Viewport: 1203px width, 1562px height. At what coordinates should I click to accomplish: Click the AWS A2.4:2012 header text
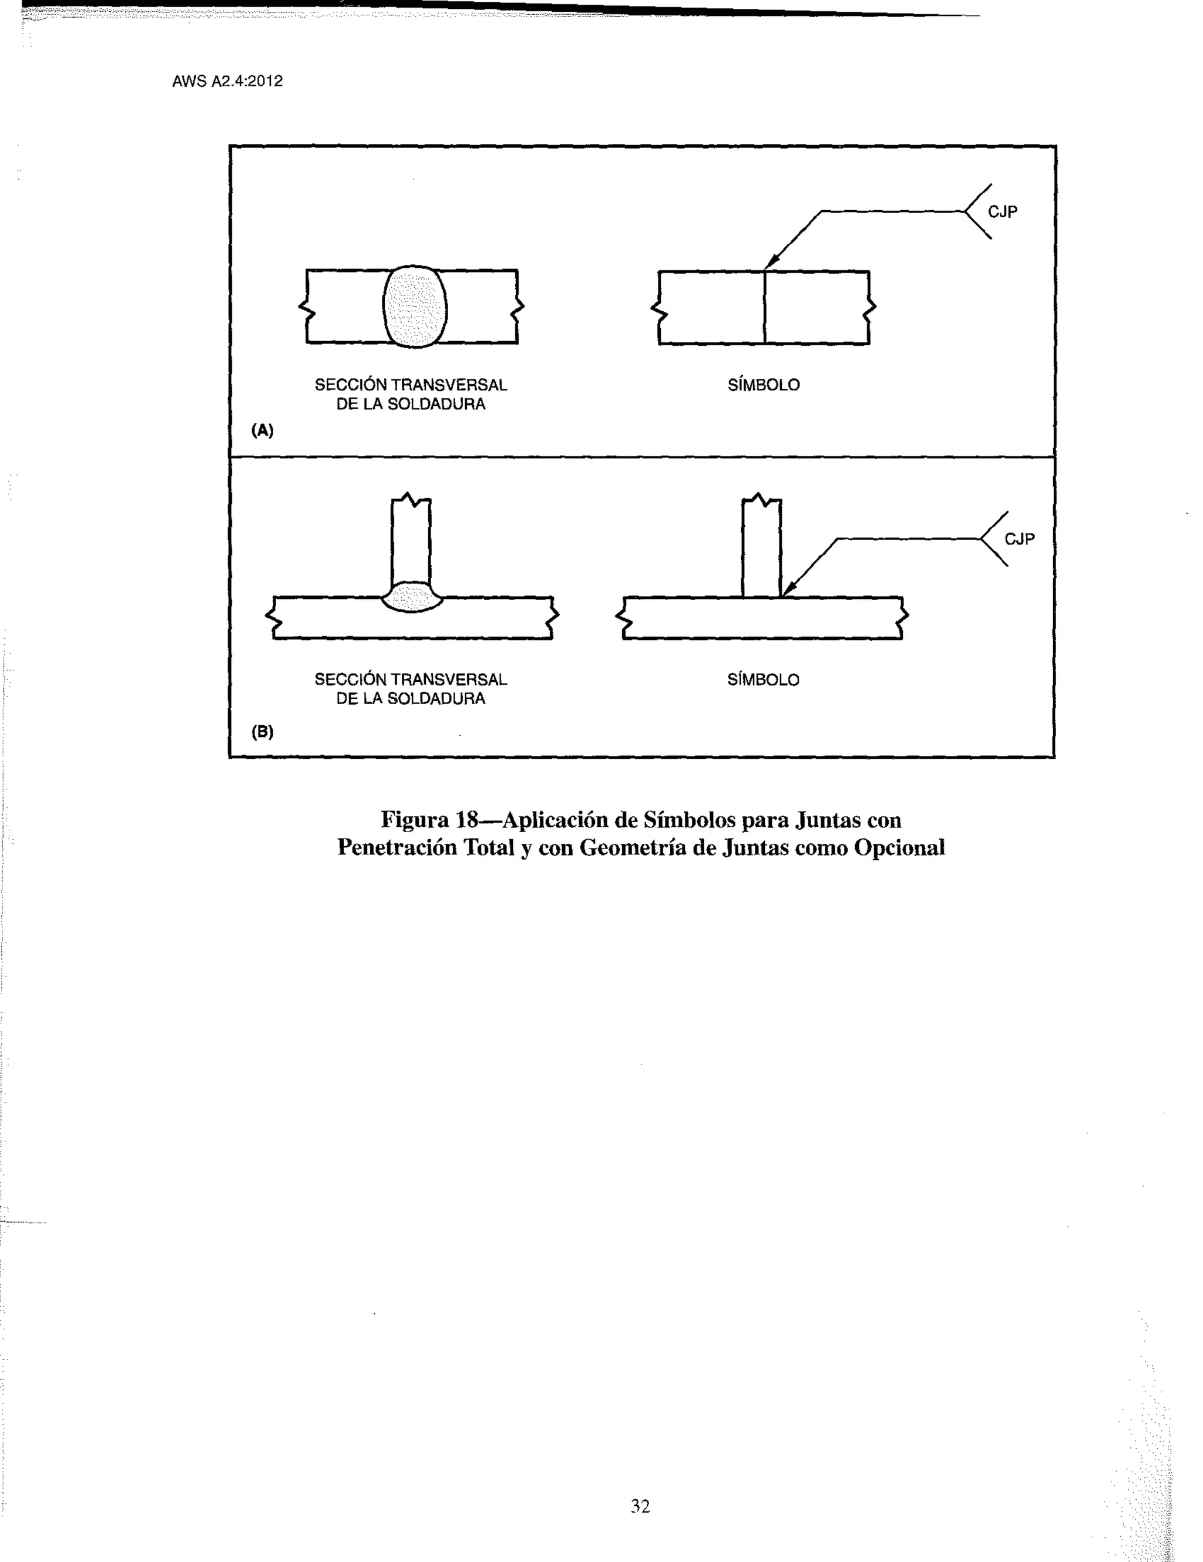click(x=227, y=81)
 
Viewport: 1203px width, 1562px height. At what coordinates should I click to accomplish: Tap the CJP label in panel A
click(x=1003, y=212)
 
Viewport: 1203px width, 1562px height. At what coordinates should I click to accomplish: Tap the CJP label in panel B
click(x=1020, y=538)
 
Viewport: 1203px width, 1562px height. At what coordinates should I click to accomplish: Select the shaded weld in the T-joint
click(x=411, y=597)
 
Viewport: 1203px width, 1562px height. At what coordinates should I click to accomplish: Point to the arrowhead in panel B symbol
click(x=788, y=588)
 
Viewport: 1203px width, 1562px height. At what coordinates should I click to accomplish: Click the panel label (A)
click(x=263, y=430)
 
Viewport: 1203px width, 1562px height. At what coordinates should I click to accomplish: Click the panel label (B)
click(x=263, y=732)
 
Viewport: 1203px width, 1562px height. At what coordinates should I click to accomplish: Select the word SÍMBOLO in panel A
click(x=763, y=385)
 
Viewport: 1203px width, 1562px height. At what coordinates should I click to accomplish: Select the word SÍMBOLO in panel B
click(x=763, y=679)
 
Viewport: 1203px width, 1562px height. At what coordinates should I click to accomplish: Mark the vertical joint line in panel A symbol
click(x=765, y=308)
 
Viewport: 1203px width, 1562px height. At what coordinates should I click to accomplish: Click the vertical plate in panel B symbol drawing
click(x=762, y=545)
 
